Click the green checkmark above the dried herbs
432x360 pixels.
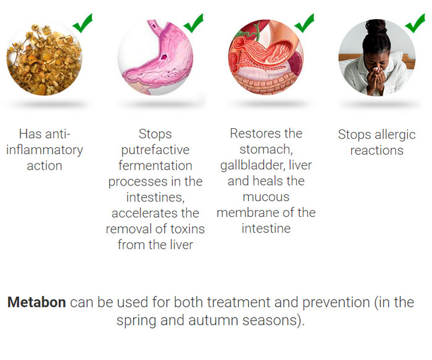[x=82, y=23]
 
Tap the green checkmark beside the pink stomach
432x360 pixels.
[x=193, y=23]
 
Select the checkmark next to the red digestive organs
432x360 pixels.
[x=304, y=23]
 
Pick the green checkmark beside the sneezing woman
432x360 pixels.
[x=415, y=23]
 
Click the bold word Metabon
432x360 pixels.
[x=36, y=302]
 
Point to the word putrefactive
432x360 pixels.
[x=156, y=150]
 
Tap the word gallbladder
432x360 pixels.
[x=252, y=165]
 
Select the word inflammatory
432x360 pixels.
[x=44, y=150]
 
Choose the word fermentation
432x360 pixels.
[x=156, y=166]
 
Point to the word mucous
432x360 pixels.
[x=266, y=197]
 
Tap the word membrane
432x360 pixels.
[x=242, y=213]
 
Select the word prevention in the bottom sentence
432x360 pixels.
[x=336, y=303]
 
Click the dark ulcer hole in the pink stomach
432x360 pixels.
[x=165, y=57]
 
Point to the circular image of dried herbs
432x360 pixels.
[x=44, y=58]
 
